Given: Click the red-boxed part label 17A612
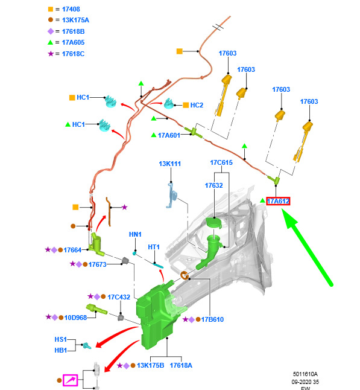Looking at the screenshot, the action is pyautogui.click(x=278, y=201).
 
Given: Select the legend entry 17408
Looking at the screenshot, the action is pyautogui.click(x=71, y=9).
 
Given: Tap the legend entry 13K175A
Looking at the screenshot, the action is pyautogui.click(x=75, y=20).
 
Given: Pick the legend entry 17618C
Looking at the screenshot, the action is pyautogui.click(x=74, y=54).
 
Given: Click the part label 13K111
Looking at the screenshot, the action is pyautogui.click(x=169, y=164).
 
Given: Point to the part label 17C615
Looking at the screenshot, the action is pyautogui.click(x=221, y=162).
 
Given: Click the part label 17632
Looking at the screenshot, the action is pyautogui.click(x=213, y=185).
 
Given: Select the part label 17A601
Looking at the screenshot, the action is pyautogui.click(x=169, y=135).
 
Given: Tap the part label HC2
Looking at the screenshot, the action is pyautogui.click(x=197, y=105).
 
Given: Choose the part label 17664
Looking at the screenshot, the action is pyautogui.click(x=72, y=250).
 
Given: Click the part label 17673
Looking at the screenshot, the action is pyautogui.click(x=98, y=264).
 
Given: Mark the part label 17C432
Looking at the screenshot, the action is pyautogui.click(x=119, y=297).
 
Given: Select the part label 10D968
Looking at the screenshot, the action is pyautogui.click(x=75, y=318).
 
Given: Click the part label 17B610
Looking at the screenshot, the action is pyautogui.click(x=212, y=319).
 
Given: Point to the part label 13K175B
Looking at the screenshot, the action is pyautogui.click(x=151, y=365).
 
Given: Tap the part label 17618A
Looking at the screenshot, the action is pyautogui.click(x=181, y=365).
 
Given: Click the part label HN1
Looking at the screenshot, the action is pyautogui.click(x=135, y=234).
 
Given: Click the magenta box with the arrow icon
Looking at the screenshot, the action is pyautogui.click(x=71, y=380).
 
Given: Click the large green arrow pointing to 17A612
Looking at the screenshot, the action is pyautogui.click(x=308, y=248).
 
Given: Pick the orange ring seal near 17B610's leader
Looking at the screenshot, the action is pyautogui.click(x=184, y=275).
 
